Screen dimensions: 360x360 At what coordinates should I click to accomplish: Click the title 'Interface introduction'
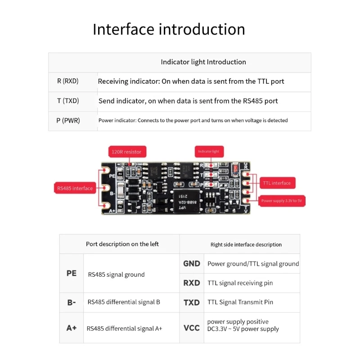tap(169, 29)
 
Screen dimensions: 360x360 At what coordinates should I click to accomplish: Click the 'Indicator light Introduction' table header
tap(203, 62)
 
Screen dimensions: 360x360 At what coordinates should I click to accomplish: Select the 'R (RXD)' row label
tap(68, 81)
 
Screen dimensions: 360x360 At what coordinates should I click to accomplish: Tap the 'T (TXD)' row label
tap(68, 101)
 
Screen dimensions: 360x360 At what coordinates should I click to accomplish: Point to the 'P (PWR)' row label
tap(68, 121)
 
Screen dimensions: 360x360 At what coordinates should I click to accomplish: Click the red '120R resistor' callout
tap(126, 152)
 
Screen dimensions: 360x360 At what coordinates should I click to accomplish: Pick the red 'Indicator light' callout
tap(209, 152)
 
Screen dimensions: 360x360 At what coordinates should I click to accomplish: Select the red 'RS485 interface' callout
tap(75, 188)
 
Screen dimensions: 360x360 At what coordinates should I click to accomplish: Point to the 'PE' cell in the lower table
tap(72, 273)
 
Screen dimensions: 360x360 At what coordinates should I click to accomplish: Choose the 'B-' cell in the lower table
tap(72, 302)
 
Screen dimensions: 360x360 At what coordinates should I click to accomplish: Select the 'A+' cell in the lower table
tap(72, 328)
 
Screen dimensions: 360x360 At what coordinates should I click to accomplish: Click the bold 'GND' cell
tap(192, 264)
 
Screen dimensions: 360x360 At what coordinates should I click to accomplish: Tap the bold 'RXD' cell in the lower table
tap(192, 283)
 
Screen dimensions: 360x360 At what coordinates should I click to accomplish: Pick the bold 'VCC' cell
tap(192, 328)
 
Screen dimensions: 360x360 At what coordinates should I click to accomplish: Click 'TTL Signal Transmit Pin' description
tap(240, 302)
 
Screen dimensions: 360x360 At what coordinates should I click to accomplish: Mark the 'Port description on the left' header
tap(122, 244)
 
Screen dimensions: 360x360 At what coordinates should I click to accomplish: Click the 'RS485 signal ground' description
tap(117, 274)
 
